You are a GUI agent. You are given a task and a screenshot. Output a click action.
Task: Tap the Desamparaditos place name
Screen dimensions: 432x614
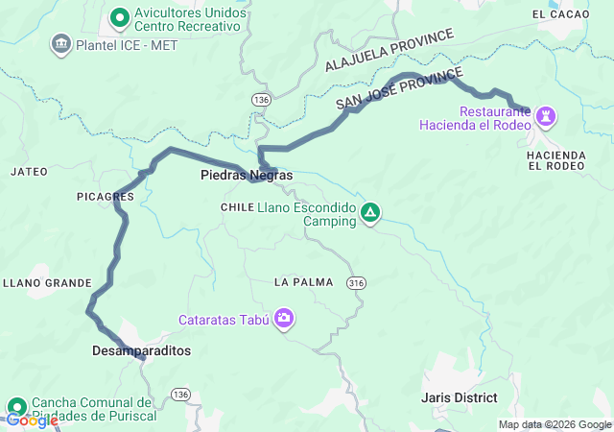142,351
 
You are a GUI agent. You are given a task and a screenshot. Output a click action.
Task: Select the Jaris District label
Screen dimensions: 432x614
459,397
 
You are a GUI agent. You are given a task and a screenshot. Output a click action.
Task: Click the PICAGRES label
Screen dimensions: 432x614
105,196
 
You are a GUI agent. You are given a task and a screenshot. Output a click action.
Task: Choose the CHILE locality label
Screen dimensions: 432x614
237,207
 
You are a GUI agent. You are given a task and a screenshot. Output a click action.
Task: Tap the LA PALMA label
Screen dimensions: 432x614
303,282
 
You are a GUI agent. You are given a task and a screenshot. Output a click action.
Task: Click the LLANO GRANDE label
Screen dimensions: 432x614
48,283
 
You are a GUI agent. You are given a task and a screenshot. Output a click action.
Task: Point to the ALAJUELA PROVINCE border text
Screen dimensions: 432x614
389,50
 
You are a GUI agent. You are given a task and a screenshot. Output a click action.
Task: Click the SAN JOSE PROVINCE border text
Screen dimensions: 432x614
400,88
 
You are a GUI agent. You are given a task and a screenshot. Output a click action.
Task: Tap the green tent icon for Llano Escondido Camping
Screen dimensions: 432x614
370,212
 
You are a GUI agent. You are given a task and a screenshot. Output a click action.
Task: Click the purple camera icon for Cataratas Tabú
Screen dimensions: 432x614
284,318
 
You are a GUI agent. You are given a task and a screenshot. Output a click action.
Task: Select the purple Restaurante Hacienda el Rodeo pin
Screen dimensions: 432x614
546,116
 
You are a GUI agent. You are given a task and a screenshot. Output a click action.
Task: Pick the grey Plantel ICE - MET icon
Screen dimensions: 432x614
62,43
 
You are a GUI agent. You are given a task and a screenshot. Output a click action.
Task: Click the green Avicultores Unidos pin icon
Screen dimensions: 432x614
120,16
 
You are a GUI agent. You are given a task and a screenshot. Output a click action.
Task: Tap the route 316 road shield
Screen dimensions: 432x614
357,282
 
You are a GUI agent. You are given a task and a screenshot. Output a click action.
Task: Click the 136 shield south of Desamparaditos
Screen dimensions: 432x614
179,395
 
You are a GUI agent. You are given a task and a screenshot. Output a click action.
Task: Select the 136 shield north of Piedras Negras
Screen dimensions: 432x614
261,100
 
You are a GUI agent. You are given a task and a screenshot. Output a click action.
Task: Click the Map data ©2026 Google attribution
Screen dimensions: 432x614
554,424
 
